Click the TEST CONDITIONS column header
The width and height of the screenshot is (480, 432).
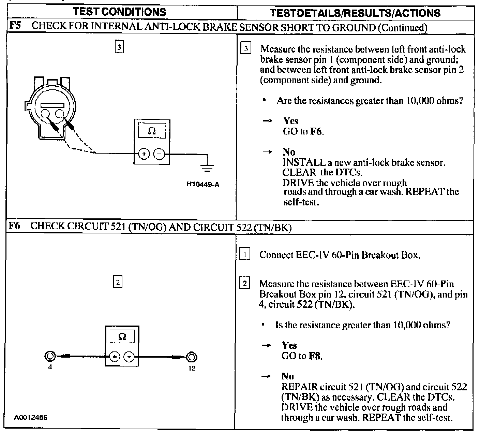[120, 12]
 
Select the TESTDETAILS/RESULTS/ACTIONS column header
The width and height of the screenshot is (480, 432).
[355, 13]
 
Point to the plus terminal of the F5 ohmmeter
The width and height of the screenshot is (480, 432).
[144, 154]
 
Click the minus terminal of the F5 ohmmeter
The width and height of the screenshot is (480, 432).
[159, 154]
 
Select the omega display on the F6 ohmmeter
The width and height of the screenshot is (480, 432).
[122, 337]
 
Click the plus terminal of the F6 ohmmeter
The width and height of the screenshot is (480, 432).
[115, 357]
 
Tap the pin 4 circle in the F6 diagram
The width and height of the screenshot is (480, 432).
[49, 356]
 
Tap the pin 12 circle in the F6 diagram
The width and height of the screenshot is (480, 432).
[192, 357]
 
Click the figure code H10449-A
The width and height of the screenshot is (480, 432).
[203, 185]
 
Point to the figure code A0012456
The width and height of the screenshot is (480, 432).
[30, 417]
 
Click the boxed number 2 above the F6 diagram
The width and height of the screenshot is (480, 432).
[117, 282]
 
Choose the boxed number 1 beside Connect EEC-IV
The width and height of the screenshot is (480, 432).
[245, 255]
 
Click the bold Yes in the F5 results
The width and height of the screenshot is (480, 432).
[290, 121]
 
